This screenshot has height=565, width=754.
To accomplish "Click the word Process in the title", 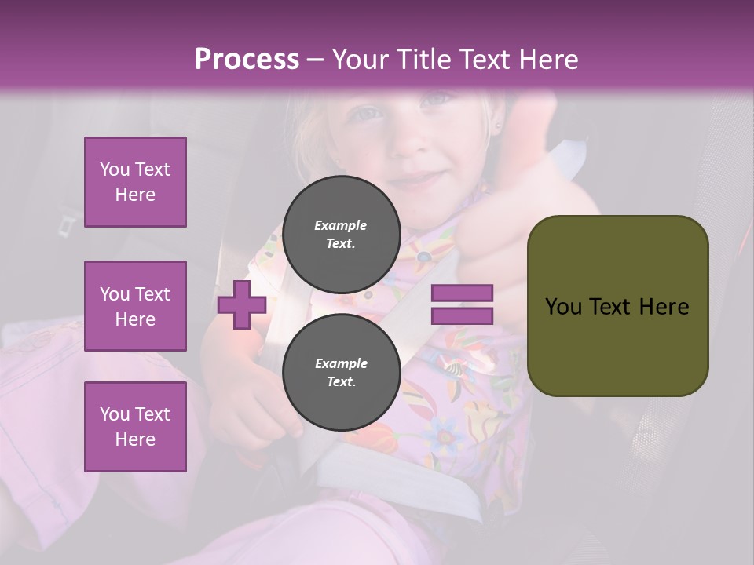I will coord(247,60).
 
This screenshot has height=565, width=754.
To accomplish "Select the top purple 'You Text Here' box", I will coord(135,182).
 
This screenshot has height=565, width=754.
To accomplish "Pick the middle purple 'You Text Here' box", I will coord(135,306).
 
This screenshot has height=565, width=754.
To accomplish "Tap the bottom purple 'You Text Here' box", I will coord(135,426).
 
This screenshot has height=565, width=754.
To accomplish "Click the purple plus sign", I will coord(241,305).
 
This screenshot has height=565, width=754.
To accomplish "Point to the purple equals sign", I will coord(462,304).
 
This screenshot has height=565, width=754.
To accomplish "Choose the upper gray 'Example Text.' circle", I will coord(341,235).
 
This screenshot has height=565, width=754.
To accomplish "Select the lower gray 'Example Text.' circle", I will coord(341,373).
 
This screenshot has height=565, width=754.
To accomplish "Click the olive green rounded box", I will coord(617,306).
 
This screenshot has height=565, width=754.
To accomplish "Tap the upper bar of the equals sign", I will coord(462,293).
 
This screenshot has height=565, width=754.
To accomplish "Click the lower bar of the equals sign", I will coord(462,315).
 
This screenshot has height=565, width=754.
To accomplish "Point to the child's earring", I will coord(497,123).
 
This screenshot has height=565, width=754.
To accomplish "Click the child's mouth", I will coord(419,179).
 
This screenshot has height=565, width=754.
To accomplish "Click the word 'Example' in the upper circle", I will coord(341,225).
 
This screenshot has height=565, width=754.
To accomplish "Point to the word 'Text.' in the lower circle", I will coord(341,382).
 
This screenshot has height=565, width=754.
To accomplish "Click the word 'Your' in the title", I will coord(361,60).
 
